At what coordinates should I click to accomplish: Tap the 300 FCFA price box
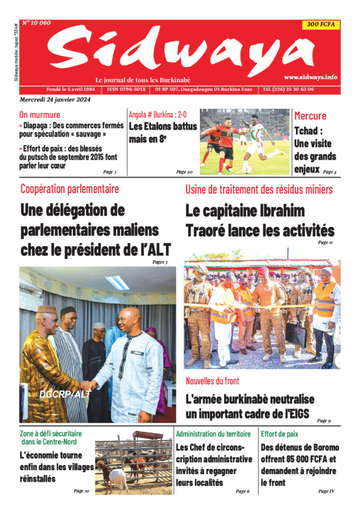pyautogui.click(x=321, y=24)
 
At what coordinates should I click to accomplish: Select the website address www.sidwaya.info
pyautogui.click(x=310, y=77)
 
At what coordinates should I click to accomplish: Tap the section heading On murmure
pyautogui.click(x=40, y=115)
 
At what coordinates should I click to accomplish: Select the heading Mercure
pyautogui.click(x=310, y=116)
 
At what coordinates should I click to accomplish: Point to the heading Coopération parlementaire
pyautogui.click(x=69, y=189)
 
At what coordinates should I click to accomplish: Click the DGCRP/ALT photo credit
pyautogui.click(x=64, y=394)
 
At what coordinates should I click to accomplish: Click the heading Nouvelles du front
pyautogui.click(x=213, y=381)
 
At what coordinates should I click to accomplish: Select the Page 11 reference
pyautogui.click(x=325, y=243)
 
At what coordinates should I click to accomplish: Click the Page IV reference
pyautogui.click(x=326, y=491)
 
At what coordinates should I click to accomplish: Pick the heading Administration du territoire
pyautogui.click(x=213, y=434)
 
